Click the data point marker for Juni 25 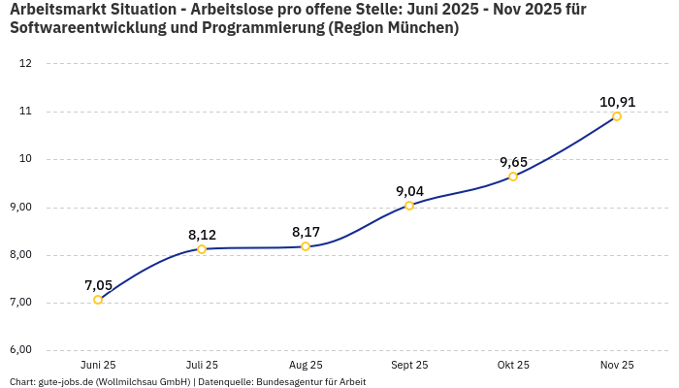tap(98, 300)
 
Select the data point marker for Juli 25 tap(202, 249)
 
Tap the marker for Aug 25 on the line tap(306, 246)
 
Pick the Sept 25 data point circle tap(409, 206)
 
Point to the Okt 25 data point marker tap(513, 177)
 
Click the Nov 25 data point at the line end tap(617, 116)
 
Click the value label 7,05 tap(98, 285)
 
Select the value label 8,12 tap(202, 235)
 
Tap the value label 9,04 tap(409, 191)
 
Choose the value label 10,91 tap(617, 102)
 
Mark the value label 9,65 tap(513, 162)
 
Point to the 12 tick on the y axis tap(25, 64)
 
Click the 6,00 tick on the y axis tap(20, 350)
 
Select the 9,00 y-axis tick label tap(20, 207)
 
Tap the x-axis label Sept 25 tap(409, 365)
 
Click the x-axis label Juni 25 tap(98, 365)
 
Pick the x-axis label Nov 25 tap(617, 365)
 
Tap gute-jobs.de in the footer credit tap(66, 382)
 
